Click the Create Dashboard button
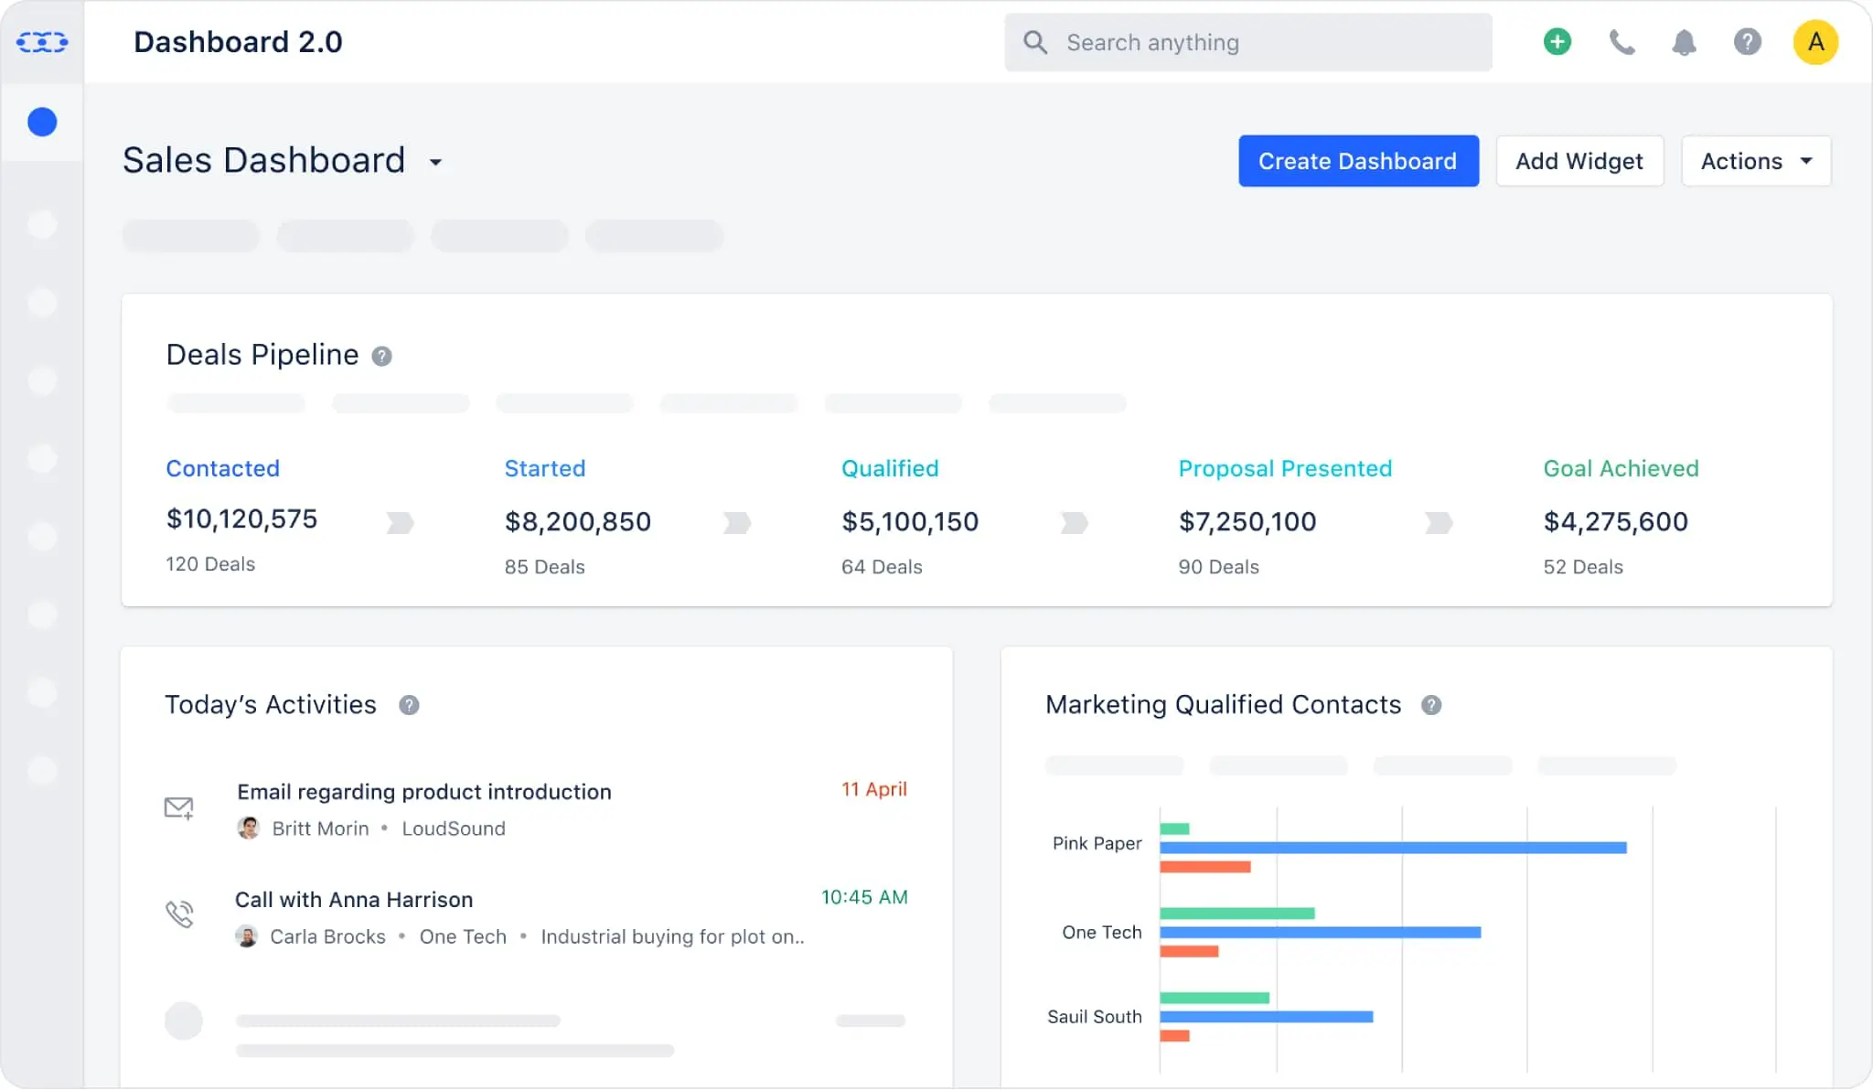(x=1358, y=161)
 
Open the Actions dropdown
(x=1756, y=161)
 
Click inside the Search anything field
(x=1262, y=42)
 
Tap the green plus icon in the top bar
(x=1557, y=42)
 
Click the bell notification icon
(x=1684, y=42)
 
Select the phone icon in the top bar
(x=1621, y=42)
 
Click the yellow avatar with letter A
(x=1815, y=42)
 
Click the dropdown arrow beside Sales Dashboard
(x=436, y=163)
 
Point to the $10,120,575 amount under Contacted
(x=241, y=518)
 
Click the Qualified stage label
(x=890, y=468)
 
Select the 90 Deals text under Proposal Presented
(x=1218, y=567)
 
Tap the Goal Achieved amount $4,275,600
(x=1615, y=521)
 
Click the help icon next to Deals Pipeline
(x=381, y=356)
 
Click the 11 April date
(x=873, y=789)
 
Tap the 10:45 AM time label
(x=863, y=897)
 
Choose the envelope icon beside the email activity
(x=178, y=807)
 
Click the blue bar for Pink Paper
(x=1392, y=848)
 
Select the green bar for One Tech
(x=1236, y=913)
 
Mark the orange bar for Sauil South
(x=1174, y=1035)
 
